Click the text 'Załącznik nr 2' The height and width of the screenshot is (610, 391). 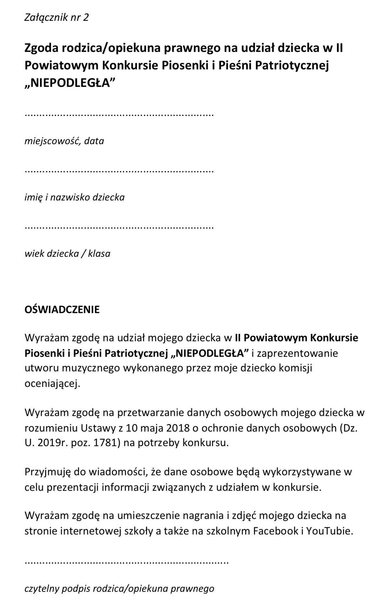56,17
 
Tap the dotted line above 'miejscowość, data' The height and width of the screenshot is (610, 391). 119,115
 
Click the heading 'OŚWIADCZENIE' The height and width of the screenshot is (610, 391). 62,310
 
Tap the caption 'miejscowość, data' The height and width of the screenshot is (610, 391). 64,141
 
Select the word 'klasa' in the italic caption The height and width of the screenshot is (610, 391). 99,253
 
